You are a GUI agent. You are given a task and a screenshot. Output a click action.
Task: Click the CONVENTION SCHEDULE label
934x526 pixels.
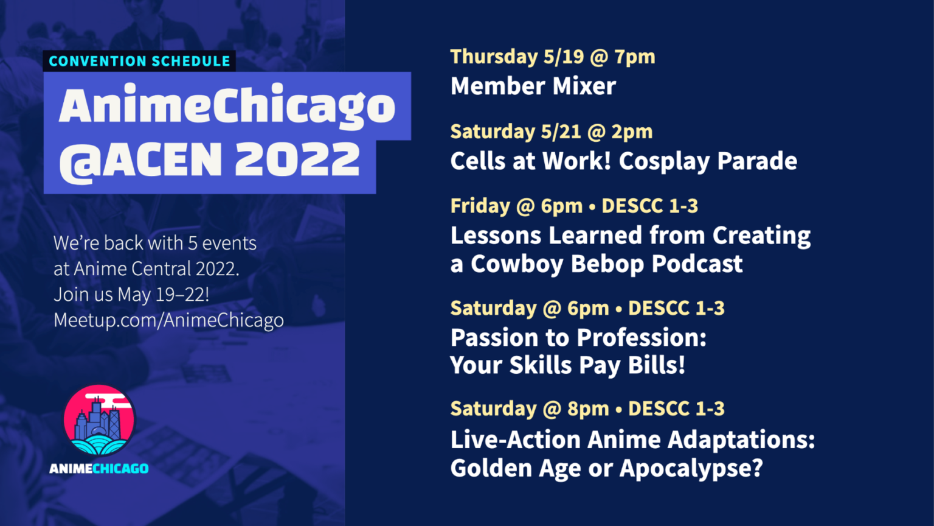(139, 61)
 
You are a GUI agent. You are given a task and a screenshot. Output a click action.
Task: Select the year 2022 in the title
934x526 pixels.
(297, 160)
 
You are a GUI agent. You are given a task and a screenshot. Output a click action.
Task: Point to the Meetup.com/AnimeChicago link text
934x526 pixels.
(168, 320)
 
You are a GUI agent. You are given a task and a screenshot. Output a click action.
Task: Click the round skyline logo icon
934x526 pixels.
(99, 420)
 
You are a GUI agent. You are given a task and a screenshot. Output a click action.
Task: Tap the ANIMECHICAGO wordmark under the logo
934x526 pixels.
(99, 468)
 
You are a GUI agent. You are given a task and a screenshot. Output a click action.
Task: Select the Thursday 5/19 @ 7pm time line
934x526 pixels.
(552, 57)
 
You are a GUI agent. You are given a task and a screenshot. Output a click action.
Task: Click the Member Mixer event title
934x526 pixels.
(533, 86)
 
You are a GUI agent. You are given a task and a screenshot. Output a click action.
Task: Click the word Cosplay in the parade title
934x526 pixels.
(665, 161)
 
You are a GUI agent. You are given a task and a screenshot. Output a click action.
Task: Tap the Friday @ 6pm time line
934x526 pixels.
(573, 206)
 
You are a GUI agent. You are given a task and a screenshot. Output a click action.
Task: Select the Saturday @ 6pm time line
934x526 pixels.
(587, 308)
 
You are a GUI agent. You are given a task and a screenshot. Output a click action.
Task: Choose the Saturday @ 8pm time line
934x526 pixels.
(587, 409)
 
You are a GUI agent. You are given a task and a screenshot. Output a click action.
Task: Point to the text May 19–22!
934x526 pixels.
(163, 295)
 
